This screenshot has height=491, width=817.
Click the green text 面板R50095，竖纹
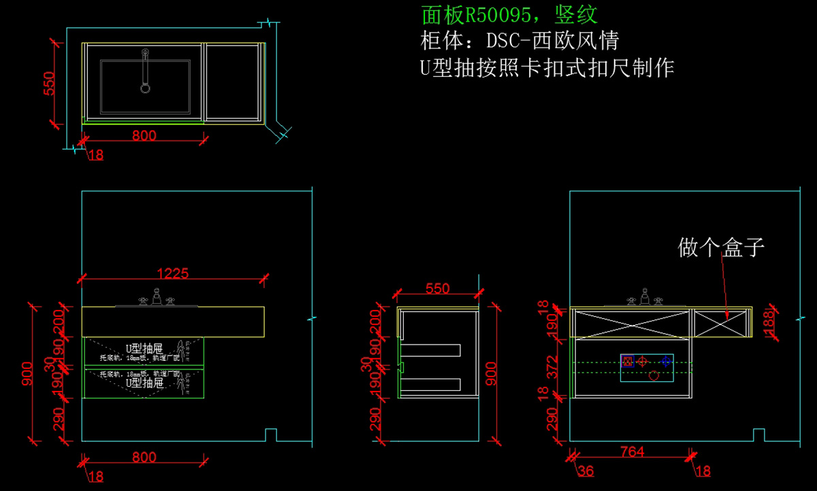[x=509, y=14]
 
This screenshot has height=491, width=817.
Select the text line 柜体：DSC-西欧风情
[x=519, y=40]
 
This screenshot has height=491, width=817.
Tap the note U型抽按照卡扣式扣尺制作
[x=547, y=68]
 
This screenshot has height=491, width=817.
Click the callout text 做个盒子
[x=721, y=247]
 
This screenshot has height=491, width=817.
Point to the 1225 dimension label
[x=172, y=274]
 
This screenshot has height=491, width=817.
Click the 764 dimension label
[x=632, y=452]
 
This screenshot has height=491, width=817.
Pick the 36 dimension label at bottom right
[x=585, y=471]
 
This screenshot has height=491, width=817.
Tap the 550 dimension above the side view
[x=437, y=288]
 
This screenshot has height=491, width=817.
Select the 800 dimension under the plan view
[x=144, y=136]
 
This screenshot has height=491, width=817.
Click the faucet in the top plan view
[x=145, y=70]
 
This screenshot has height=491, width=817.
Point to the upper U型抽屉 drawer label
[x=144, y=348]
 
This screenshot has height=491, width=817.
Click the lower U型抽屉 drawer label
[x=144, y=383]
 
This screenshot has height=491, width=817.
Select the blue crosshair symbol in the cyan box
[x=666, y=362]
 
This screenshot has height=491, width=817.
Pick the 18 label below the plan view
[x=96, y=155]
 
